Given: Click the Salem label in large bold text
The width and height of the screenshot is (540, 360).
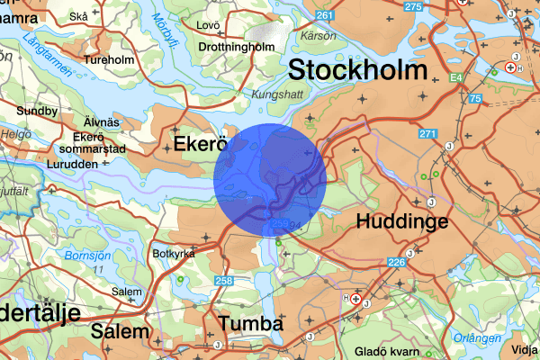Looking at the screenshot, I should click(119, 331).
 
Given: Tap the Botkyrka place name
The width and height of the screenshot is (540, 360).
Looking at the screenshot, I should click(175, 254).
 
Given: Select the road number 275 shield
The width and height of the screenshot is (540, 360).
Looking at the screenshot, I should click(413, 7).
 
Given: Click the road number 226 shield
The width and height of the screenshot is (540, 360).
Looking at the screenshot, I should click(396, 263).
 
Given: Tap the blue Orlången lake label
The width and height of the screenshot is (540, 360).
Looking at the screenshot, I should click(478, 338).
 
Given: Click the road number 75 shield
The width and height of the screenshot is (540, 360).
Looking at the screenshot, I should click(474, 98).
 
